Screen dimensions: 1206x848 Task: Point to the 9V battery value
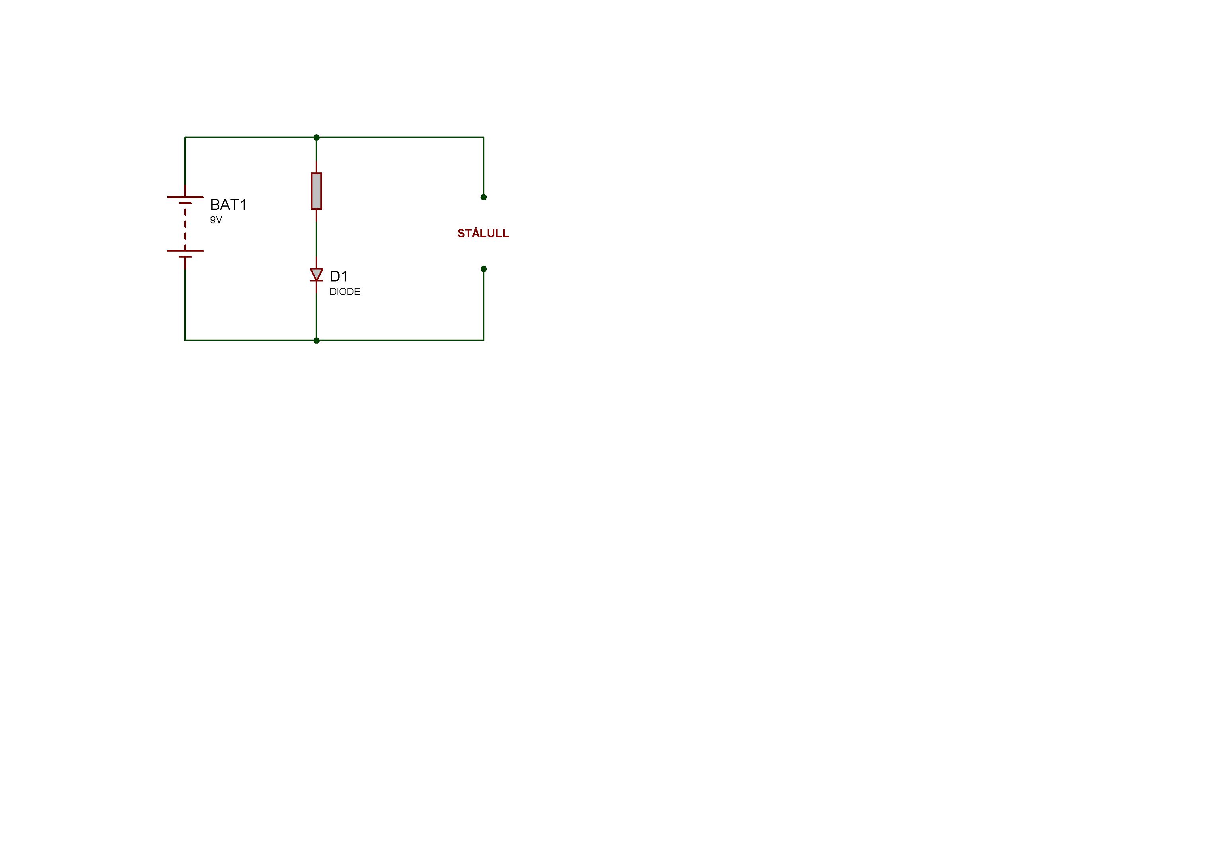coord(216,220)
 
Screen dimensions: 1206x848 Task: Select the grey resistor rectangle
coord(316,191)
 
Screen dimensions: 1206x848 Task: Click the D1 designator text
coord(339,276)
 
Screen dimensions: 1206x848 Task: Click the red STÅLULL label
coord(483,233)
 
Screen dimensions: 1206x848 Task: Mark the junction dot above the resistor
coord(316,138)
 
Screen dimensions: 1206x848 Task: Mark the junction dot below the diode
coord(316,340)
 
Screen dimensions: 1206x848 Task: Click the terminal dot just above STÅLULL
coord(484,197)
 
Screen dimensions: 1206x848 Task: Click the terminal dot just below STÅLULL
coord(484,269)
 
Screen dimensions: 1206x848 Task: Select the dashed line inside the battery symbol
coord(185,227)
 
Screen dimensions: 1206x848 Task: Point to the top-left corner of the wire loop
coord(185,138)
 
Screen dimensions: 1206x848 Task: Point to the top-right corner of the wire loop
coord(483,138)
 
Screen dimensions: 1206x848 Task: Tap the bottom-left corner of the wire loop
coord(185,340)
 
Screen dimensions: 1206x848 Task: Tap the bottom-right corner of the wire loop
coord(483,340)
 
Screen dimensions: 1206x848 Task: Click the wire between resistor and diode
coord(316,238)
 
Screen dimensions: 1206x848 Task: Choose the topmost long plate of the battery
coord(185,197)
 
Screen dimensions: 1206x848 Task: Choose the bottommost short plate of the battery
coord(185,257)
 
